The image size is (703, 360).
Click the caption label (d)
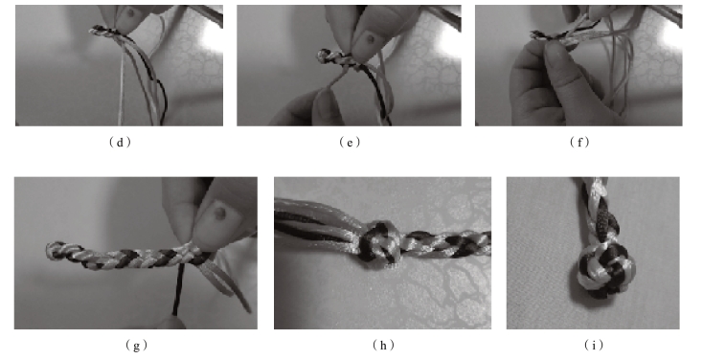click(120, 143)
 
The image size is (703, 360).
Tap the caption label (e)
click(350, 143)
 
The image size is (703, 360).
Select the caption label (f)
click(579, 143)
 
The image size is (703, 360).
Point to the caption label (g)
click(136, 346)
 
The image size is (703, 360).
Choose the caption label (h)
click(383, 346)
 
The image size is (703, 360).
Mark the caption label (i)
click(594, 346)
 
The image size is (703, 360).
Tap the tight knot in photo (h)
click(377, 242)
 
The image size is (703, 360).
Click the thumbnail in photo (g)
click(218, 212)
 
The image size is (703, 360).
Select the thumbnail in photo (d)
click(130, 13)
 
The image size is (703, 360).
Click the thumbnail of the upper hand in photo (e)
click(371, 38)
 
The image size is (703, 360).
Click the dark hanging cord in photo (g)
click(178, 287)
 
